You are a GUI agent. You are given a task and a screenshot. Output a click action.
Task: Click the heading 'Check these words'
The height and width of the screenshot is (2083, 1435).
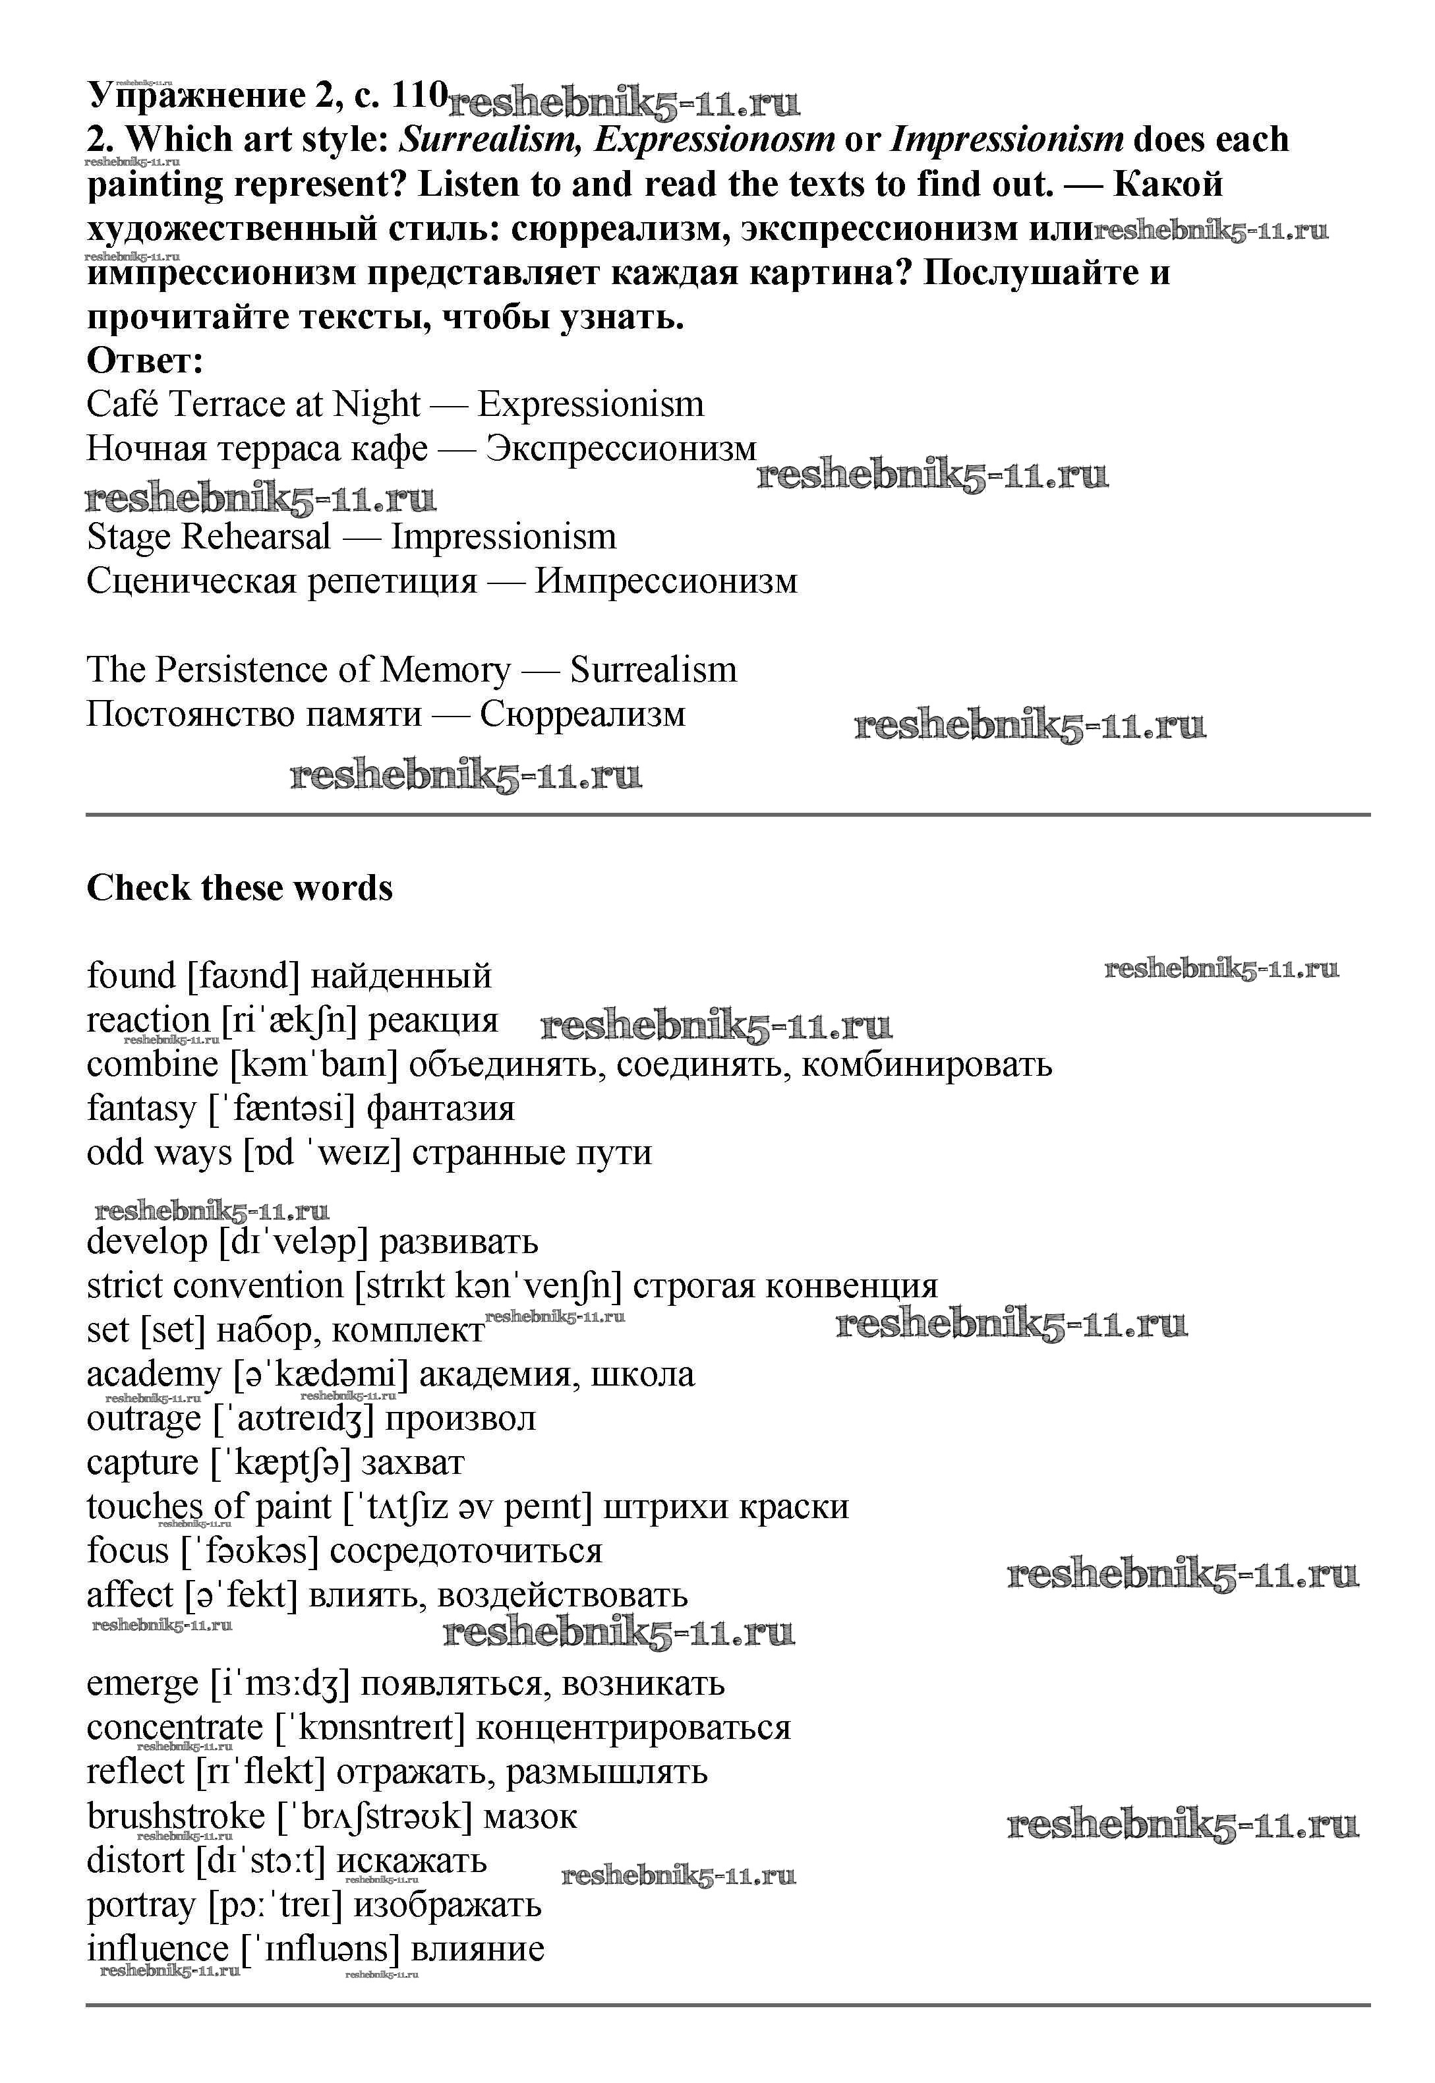[239, 888]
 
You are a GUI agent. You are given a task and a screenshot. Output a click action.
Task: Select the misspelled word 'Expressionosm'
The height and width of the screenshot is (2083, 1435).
[714, 139]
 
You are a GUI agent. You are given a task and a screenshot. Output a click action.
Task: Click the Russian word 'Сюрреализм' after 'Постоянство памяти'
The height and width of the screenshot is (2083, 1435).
[582, 715]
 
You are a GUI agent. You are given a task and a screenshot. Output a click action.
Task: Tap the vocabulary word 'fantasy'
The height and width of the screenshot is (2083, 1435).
[141, 1109]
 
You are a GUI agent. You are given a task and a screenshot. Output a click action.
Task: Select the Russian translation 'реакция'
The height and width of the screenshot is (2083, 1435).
[432, 1020]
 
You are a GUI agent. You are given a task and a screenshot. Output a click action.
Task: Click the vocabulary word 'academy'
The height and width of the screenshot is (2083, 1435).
[154, 1374]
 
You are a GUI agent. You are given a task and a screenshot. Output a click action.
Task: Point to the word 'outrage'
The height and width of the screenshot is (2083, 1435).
[144, 1419]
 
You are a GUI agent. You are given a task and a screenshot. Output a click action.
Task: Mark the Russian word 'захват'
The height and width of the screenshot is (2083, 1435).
[412, 1463]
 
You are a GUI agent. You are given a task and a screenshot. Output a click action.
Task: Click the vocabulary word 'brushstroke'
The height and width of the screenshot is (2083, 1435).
[175, 1816]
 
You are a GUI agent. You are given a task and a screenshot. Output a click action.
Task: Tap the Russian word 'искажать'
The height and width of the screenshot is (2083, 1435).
[411, 1860]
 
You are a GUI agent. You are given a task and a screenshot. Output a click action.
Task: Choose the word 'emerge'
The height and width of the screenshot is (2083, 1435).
[142, 1683]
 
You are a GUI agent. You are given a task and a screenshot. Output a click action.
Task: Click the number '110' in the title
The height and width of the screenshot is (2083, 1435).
[419, 94]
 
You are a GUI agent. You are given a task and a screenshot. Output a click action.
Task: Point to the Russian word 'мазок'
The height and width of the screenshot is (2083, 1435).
[529, 1816]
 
